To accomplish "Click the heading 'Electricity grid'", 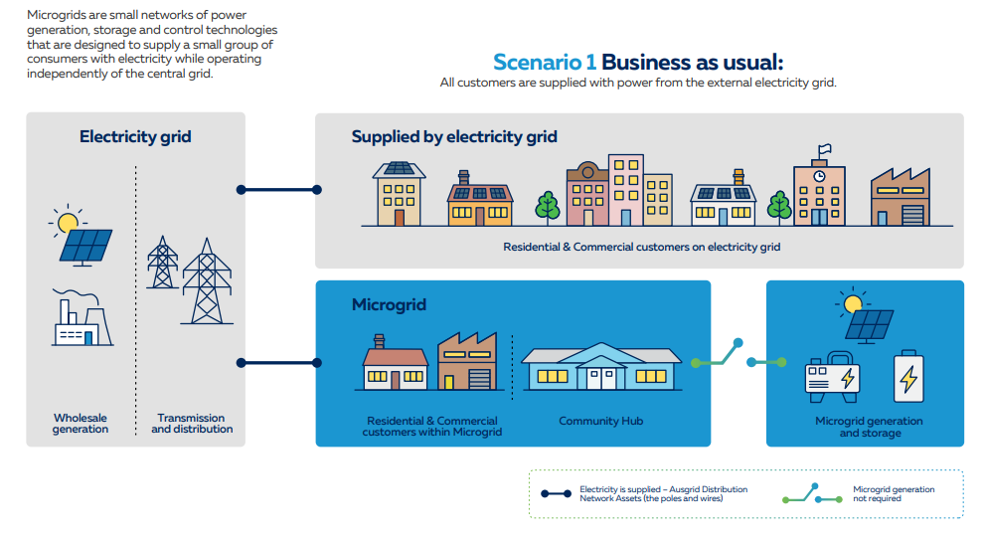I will click(x=135, y=136).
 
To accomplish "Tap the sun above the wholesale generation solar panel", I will click(x=68, y=221).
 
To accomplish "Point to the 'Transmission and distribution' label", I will click(x=192, y=424).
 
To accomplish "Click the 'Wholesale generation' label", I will click(x=81, y=424).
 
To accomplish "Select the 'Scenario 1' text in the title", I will click(x=545, y=61).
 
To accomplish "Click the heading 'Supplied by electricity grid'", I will click(x=454, y=136).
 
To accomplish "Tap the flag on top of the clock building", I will click(x=823, y=151).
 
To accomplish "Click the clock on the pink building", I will click(x=818, y=176).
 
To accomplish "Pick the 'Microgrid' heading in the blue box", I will click(x=389, y=304).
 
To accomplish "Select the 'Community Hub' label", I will click(x=600, y=421).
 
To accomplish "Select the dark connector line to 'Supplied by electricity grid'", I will click(x=277, y=189).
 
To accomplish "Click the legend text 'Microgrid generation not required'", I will click(x=894, y=493).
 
